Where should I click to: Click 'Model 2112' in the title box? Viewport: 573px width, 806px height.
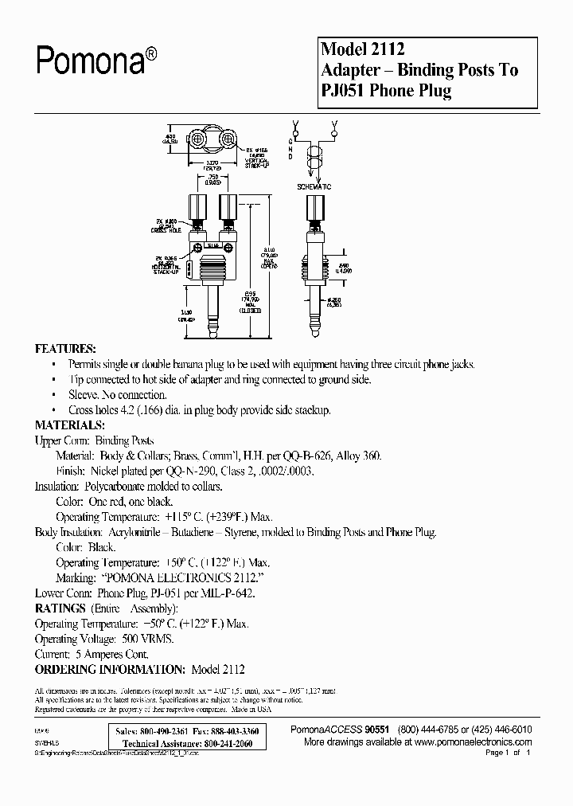pos(359,50)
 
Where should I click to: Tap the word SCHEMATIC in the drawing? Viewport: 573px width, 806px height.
pos(314,186)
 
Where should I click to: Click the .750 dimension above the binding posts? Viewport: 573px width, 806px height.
pos(212,178)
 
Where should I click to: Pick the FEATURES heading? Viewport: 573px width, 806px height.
pos(66,350)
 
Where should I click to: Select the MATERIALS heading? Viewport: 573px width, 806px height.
pos(70,425)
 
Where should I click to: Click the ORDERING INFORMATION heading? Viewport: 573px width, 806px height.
pos(111,669)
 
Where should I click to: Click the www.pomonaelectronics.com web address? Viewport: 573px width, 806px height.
pos(469,741)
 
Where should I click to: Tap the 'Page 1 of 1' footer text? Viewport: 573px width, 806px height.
pos(507,753)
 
